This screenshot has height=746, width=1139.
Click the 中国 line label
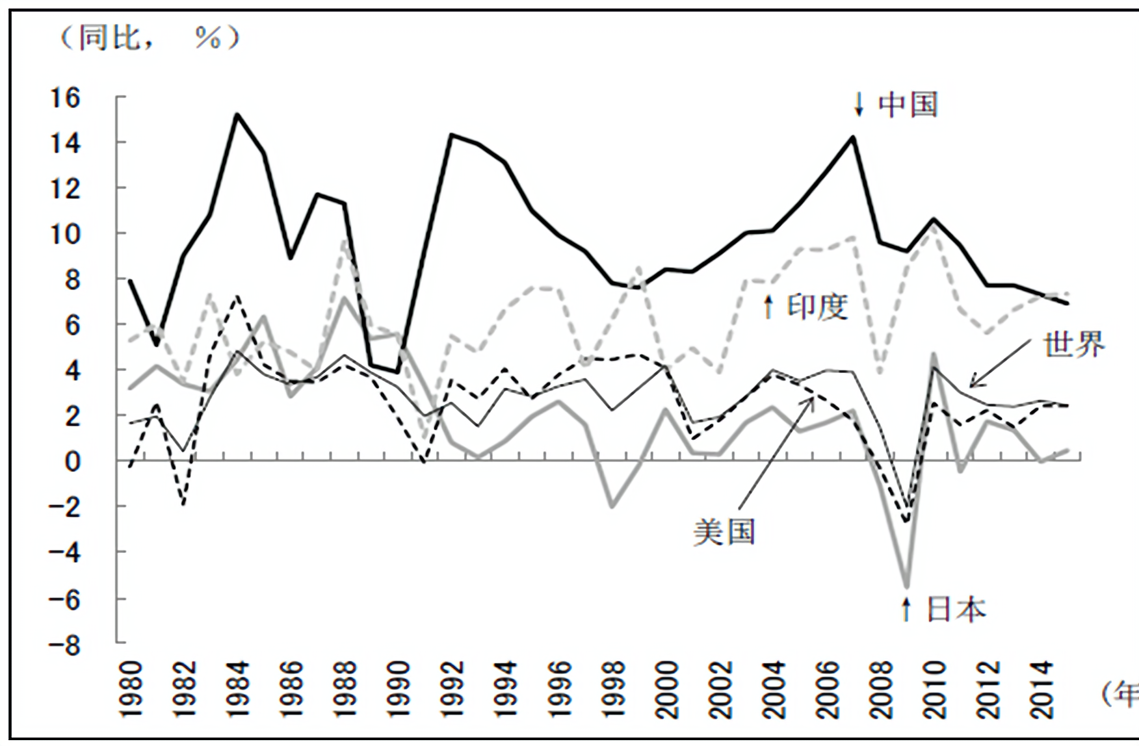click(x=908, y=105)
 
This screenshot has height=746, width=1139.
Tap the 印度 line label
click(x=818, y=306)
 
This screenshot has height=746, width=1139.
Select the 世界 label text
click(x=1074, y=344)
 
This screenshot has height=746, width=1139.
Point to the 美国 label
click(x=724, y=532)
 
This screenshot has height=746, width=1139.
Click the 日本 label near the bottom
click(x=956, y=609)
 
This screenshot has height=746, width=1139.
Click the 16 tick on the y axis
click(x=65, y=98)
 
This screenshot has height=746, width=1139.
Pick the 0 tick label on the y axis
click(x=72, y=462)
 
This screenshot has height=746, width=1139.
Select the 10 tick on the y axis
click(x=65, y=234)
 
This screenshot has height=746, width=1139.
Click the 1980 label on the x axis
click(x=131, y=689)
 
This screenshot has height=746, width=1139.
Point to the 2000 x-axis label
click(x=667, y=689)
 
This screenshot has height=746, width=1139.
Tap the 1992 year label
click(x=452, y=689)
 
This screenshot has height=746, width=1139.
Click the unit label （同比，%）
click(x=150, y=38)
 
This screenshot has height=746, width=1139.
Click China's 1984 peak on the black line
click(x=237, y=114)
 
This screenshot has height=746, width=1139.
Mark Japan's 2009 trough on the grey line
click(x=906, y=587)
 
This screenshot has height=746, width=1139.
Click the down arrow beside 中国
click(x=859, y=105)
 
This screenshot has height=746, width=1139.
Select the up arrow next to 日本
click(x=906, y=609)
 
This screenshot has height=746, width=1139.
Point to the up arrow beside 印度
click(x=768, y=306)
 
